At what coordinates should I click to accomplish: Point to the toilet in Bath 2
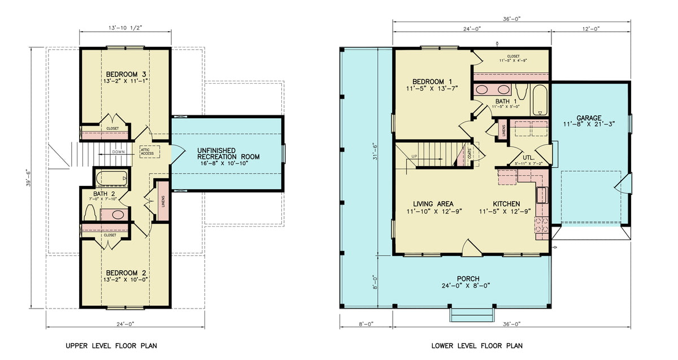pos(89,213)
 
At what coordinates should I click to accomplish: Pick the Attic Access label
pos(147,151)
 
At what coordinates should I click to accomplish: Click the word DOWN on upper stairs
pos(119,151)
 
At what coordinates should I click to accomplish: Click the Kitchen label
pos(506,204)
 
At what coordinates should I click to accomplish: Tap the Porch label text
pos(468,279)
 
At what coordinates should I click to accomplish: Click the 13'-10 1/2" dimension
pos(125,27)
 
